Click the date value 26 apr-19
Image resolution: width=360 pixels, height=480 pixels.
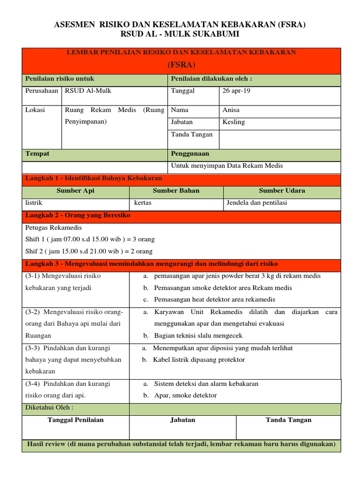(237, 90)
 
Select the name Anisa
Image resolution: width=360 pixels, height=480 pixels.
(231, 110)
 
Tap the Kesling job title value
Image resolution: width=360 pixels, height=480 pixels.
(234, 122)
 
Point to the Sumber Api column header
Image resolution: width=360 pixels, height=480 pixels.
(75, 191)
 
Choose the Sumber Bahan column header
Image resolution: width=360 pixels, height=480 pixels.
(176, 191)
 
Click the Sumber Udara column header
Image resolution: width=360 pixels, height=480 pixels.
(282, 191)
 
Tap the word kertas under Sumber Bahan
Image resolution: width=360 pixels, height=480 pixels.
(142, 203)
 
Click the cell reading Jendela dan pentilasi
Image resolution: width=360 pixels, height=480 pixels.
(256, 203)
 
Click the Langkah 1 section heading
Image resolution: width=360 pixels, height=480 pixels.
(93, 179)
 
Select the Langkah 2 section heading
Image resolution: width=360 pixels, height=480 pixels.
(78, 215)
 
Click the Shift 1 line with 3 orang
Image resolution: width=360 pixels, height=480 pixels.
(90, 240)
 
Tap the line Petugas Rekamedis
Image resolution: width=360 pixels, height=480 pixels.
(53, 228)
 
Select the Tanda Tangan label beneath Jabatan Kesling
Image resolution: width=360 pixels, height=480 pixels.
(192, 135)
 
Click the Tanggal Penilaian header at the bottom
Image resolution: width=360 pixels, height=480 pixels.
(75, 420)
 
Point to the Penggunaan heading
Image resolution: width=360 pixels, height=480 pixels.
(190, 154)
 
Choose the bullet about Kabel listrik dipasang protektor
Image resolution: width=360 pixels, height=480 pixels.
(199, 360)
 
